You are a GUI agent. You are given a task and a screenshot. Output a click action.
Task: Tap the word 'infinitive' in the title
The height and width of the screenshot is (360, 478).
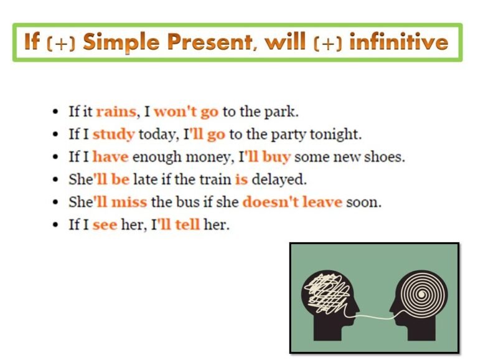398,42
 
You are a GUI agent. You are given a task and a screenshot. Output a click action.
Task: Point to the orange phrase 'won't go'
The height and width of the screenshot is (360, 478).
186,112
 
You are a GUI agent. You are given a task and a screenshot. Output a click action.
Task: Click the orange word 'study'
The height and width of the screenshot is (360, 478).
114,135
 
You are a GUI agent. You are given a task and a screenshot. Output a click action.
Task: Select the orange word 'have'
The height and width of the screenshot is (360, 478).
110,157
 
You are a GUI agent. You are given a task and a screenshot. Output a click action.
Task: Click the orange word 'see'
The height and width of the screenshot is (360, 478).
105,225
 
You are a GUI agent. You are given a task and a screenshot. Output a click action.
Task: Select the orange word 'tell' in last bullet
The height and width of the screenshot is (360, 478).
187,225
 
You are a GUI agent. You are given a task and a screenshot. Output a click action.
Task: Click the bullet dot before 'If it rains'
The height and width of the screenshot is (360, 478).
56,113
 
